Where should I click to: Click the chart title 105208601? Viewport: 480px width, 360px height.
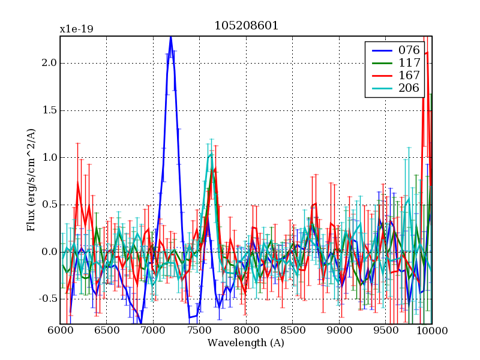click(246, 26)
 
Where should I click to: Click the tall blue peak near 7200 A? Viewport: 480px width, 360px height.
click(171, 38)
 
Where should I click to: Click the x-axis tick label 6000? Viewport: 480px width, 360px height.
click(60, 331)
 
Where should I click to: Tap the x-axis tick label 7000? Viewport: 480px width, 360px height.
click(153, 331)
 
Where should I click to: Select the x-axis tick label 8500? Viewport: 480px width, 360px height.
click(293, 331)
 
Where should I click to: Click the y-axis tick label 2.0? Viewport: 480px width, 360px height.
click(49, 63)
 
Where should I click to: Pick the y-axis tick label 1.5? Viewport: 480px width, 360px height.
click(49, 110)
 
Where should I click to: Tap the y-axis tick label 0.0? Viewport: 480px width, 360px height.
click(49, 252)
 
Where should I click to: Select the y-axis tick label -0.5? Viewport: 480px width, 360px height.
click(47, 299)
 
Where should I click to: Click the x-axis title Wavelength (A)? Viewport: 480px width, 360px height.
click(246, 343)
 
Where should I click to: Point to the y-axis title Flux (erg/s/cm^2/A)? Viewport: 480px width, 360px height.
click(31, 180)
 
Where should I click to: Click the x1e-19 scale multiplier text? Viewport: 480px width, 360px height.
click(76, 29)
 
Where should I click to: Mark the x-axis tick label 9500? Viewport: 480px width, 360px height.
click(386, 331)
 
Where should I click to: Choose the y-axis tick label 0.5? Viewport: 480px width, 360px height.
click(49, 205)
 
